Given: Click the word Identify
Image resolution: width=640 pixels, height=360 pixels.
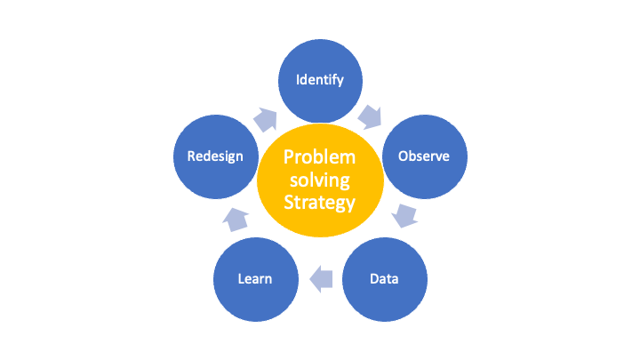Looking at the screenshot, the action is pos(320,80).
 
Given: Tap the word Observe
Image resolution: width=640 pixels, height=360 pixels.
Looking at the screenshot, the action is pos(424,156).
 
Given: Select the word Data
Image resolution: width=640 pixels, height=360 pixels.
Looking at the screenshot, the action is pos(384,279).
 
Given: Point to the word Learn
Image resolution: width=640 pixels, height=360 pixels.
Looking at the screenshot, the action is pos(255,279).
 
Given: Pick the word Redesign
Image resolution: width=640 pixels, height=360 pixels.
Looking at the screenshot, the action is pos(215,156).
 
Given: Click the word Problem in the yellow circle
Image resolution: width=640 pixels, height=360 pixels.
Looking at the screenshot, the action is pos(320,157).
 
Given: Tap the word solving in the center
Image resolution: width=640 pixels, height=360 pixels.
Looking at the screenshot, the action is pos(320,180).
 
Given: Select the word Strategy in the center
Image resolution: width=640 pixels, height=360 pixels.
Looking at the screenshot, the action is pos(320,203).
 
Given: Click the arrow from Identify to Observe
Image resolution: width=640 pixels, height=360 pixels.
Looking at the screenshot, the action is pos(370,116).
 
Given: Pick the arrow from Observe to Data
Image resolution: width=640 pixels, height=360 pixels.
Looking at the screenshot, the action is pos(404,215).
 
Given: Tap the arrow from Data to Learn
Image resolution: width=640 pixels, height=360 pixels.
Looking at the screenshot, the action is pos(321,279).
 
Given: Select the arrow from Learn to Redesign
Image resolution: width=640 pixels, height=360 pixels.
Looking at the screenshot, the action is pos(236,220).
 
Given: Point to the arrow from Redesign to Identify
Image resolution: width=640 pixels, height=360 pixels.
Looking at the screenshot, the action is pos(265,120).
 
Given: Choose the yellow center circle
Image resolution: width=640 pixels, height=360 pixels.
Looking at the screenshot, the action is pos(320,180).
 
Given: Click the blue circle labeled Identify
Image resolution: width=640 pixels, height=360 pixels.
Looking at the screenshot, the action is pos(320,81).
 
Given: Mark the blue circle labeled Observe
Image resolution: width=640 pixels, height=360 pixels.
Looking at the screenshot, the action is pos(425,156).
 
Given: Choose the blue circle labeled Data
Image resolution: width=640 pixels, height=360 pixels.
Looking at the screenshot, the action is pos(385,279).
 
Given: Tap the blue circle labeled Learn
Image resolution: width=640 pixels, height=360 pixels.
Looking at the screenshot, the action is pos(256,279).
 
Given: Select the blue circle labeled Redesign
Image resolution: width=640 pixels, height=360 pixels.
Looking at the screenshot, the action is pos(216,156).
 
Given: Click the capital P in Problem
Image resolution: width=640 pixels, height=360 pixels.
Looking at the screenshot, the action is pos(289,156).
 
